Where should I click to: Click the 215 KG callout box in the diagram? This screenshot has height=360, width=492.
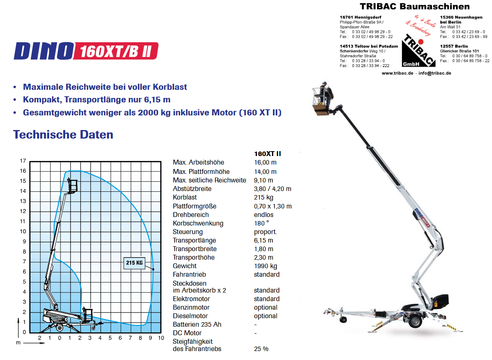[x=134, y=263]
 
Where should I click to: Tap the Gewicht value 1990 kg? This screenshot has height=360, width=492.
[x=265, y=266]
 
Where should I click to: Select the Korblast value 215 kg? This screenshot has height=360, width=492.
[x=263, y=197]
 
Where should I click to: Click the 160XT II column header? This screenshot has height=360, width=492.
[x=267, y=154]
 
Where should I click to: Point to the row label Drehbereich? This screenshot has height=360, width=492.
[x=191, y=215]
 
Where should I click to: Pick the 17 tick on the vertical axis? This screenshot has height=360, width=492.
[x=23, y=161]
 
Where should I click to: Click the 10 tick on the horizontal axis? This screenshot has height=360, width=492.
[x=161, y=338]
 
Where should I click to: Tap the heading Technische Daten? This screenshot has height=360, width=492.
[x=63, y=134]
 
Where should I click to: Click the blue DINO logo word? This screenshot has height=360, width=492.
[x=43, y=51]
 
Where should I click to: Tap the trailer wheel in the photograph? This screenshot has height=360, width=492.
[x=415, y=321]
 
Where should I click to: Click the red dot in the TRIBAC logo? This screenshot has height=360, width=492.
[x=421, y=42]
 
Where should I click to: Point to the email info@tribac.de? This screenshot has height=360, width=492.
[x=435, y=73]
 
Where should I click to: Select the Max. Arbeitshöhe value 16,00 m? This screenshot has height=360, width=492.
[x=265, y=163]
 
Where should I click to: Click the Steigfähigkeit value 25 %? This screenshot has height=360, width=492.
[x=261, y=349]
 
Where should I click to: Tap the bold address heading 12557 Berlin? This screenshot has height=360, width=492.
[x=454, y=46]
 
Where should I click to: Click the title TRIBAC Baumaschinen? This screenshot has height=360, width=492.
[x=414, y=7]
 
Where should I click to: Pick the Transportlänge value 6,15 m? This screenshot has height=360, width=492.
[x=263, y=241]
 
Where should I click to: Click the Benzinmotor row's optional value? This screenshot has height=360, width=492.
[x=265, y=308]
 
